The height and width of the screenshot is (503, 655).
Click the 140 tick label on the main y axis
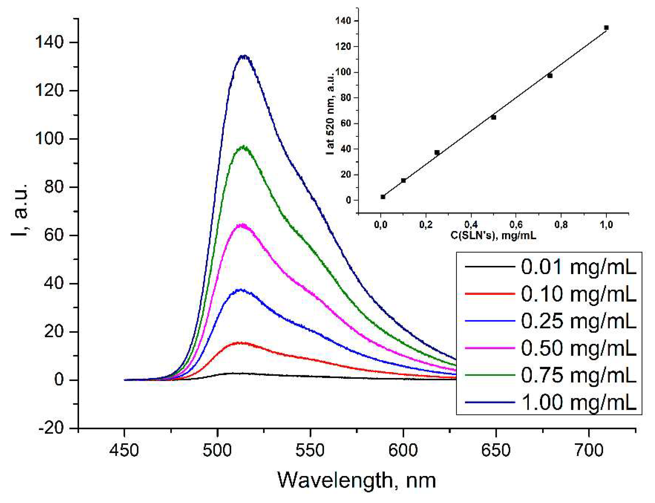pos(49,42)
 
